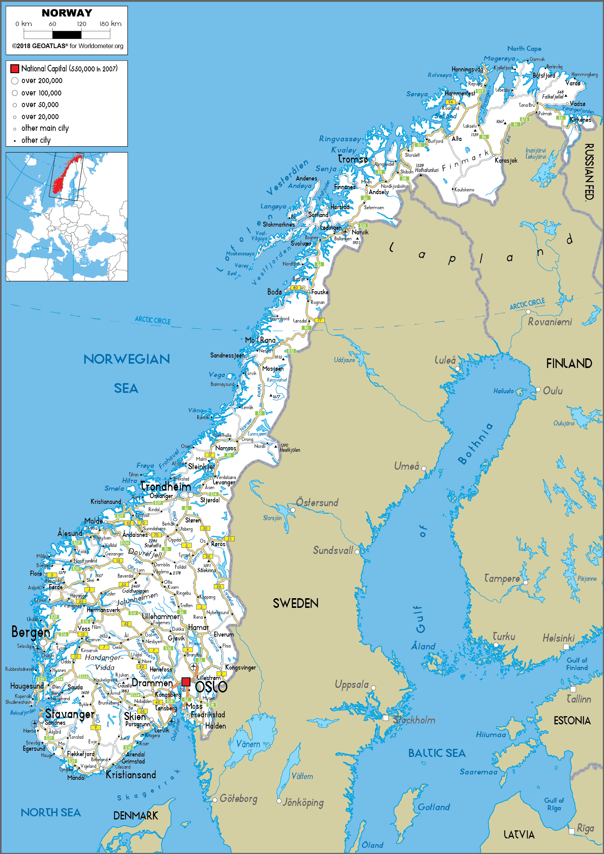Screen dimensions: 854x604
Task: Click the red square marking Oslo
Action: pos(186,682)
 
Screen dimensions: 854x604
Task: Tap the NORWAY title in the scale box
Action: pos(67,13)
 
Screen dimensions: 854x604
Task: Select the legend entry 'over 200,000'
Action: pos(42,81)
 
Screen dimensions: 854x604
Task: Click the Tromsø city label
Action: pos(353,159)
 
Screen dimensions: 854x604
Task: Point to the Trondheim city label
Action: pos(166,486)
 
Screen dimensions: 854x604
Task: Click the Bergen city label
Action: pos(31,632)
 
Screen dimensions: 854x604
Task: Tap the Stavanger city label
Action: pos(70,714)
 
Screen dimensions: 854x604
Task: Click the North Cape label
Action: pos(524,49)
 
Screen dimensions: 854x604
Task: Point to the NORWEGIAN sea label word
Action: pos(127,359)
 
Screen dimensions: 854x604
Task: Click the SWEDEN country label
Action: pos(296,603)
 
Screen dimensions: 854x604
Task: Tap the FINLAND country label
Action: pos(569,364)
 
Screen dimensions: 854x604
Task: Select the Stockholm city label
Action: pos(414,720)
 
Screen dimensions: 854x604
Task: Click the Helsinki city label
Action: pos(559,638)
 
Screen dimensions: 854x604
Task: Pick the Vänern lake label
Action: pos(248,744)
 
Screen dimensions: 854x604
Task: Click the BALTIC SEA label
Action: pos(437,753)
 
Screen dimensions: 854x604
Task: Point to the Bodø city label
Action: pos(275,292)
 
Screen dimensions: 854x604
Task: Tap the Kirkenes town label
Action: pos(580,120)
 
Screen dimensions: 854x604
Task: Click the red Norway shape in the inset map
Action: pos(64,175)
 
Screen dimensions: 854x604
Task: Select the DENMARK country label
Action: pos(136,816)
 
